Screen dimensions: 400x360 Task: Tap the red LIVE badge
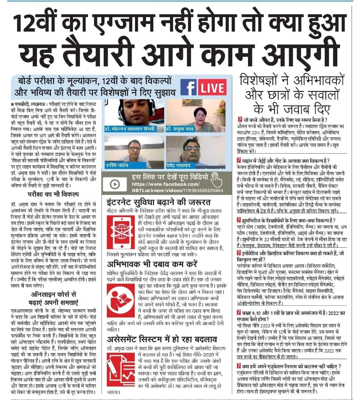212,88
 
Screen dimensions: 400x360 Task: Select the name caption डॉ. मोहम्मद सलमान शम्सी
134,129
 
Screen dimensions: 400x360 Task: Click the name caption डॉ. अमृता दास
180,129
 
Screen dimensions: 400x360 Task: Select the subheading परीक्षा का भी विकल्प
53,194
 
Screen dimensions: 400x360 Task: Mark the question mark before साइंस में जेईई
239,161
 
